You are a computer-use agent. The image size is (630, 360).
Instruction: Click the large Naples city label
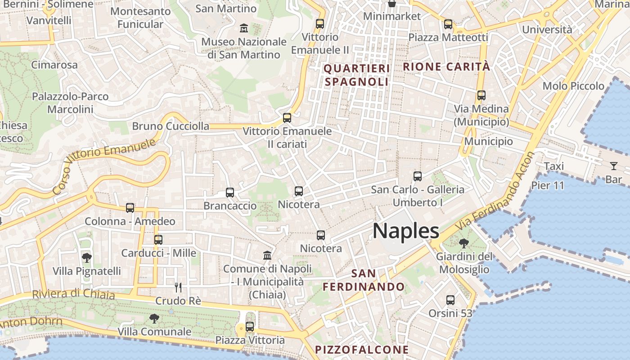(x=405, y=231)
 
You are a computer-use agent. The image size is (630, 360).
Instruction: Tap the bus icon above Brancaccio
(x=230, y=193)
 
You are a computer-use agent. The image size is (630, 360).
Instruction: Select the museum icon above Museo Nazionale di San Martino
(x=244, y=28)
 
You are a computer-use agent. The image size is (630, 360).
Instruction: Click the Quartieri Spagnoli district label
(x=356, y=75)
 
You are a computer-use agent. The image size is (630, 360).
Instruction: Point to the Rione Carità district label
(x=446, y=67)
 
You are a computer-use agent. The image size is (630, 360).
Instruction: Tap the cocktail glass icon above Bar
(x=613, y=166)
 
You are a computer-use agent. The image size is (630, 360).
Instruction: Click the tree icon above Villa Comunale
(x=154, y=319)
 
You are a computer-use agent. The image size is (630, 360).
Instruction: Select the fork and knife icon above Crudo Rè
(x=178, y=287)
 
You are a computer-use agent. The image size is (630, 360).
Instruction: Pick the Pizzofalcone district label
(x=362, y=350)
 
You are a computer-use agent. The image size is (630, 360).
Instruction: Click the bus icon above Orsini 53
(x=450, y=300)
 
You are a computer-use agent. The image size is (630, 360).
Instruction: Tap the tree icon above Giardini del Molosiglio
(x=463, y=243)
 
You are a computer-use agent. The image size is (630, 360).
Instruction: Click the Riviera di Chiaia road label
(x=73, y=294)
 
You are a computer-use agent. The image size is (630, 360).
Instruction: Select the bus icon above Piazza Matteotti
(x=448, y=24)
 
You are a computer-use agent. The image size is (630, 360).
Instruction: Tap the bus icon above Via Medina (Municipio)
(x=481, y=95)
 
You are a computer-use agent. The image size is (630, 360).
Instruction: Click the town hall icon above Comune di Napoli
(x=268, y=255)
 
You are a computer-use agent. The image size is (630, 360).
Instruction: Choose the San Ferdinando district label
(x=364, y=280)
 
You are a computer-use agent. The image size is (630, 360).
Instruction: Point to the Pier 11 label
(x=548, y=185)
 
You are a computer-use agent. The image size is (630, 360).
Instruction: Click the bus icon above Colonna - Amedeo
(x=130, y=208)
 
